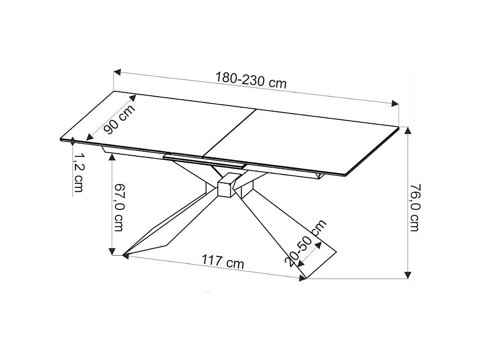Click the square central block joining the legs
(226, 187)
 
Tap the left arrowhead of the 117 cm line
(126, 255)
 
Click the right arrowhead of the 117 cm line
(302, 278)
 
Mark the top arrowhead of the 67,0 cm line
(112, 156)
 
